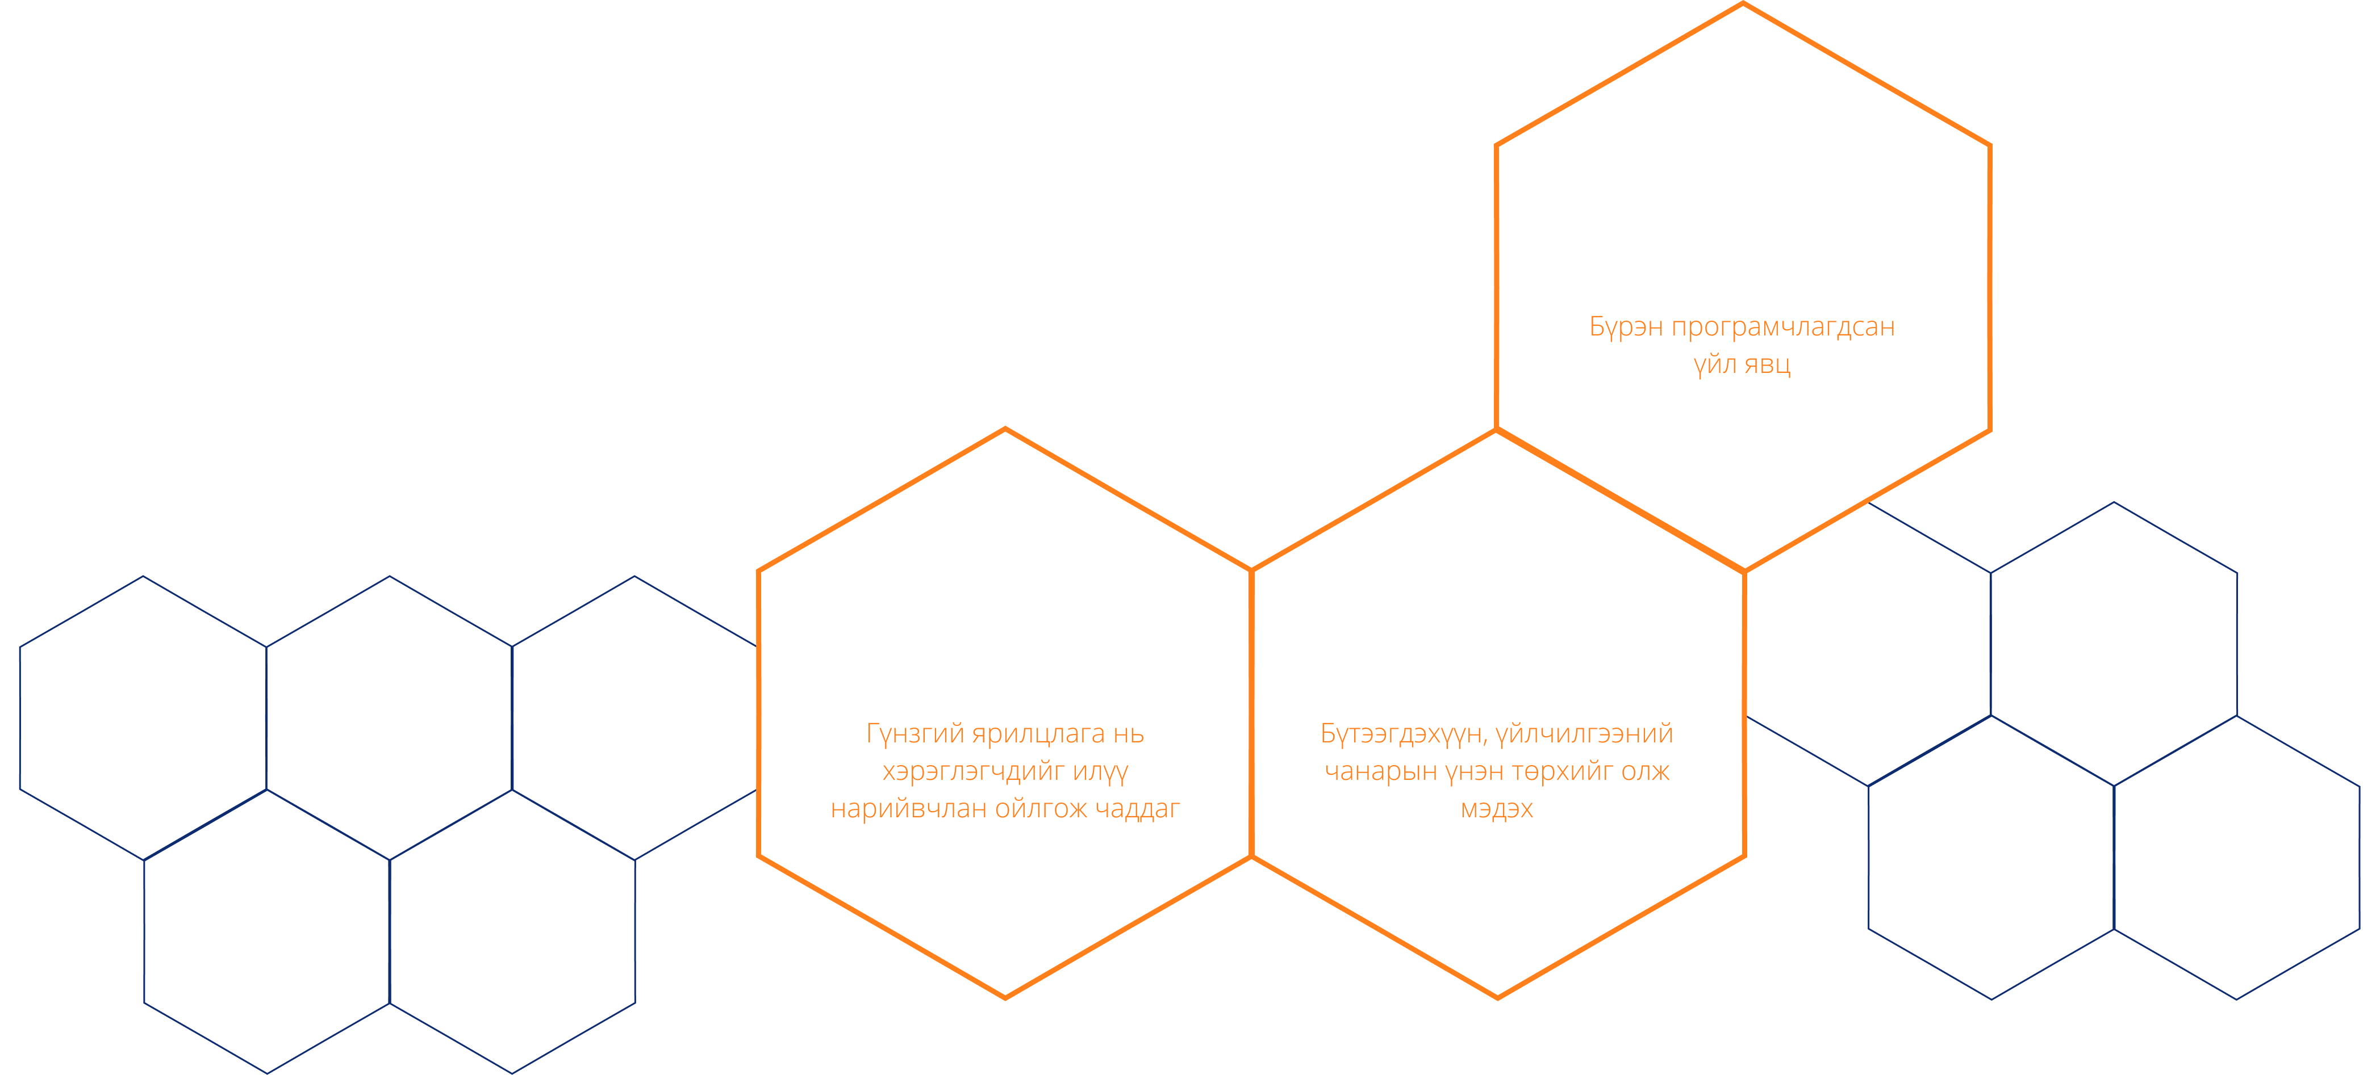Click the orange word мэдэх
(x=1497, y=809)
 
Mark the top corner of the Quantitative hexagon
(x=1743, y=4)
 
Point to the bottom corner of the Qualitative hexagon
(x=1005, y=997)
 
